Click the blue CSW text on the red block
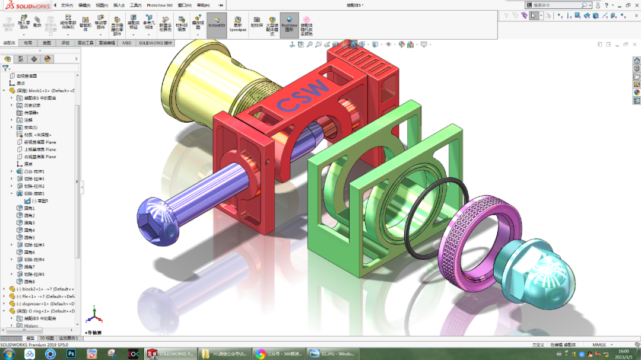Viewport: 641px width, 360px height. tap(303, 95)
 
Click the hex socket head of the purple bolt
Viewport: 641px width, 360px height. tap(158, 220)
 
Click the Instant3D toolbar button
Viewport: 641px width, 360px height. tap(217, 26)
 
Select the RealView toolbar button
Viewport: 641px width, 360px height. tap(289, 26)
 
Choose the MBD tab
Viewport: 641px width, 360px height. tap(127, 43)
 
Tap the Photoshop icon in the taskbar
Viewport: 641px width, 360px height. tap(71, 353)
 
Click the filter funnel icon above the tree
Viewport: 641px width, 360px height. tap(5, 68)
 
